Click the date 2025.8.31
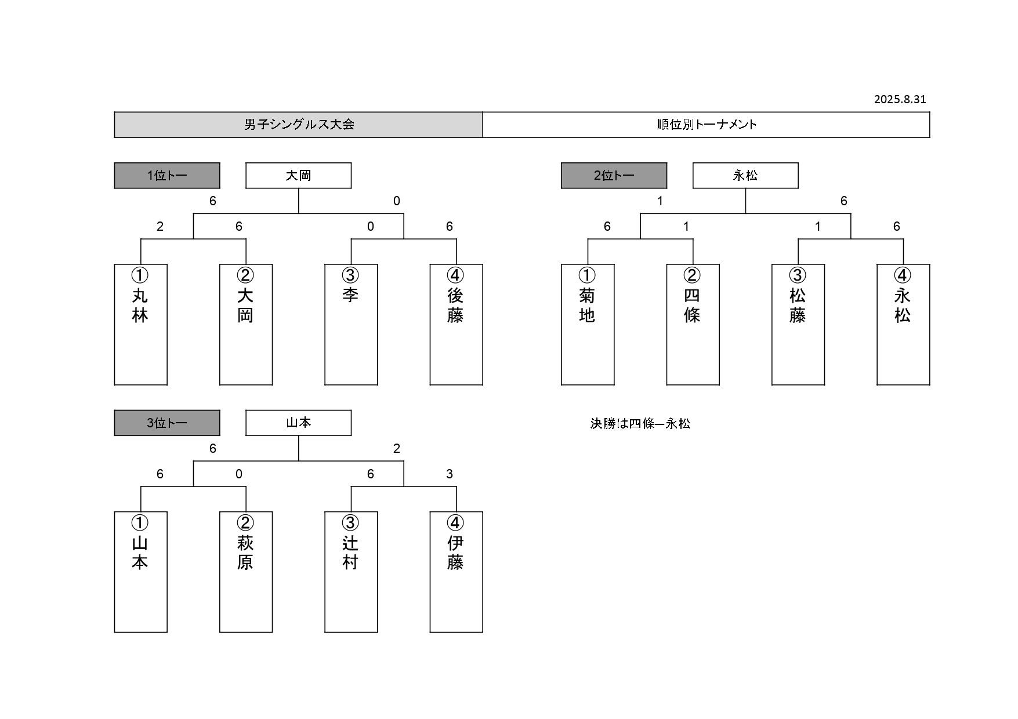(x=900, y=99)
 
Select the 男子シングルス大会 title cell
(x=298, y=125)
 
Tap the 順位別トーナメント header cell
(x=706, y=125)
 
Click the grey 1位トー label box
(x=167, y=176)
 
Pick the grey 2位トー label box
(x=614, y=176)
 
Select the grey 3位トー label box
(x=167, y=423)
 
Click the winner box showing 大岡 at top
(x=298, y=176)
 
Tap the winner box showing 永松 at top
(x=745, y=176)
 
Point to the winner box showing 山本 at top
(x=298, y=423)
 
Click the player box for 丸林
(x=140, y=325)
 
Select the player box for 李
(x=351, y=325)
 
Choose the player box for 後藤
(x=456, y=325)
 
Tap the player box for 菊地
(x=588, y=325)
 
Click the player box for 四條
(x=693, y=325)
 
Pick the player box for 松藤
(x=798, y=325)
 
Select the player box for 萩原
(x=246, y=572)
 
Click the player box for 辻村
(x=351, y=572)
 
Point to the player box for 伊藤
(x=456, y=572)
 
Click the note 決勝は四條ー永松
(x=640, y=424)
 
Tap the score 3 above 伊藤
(x=450, y=474)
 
